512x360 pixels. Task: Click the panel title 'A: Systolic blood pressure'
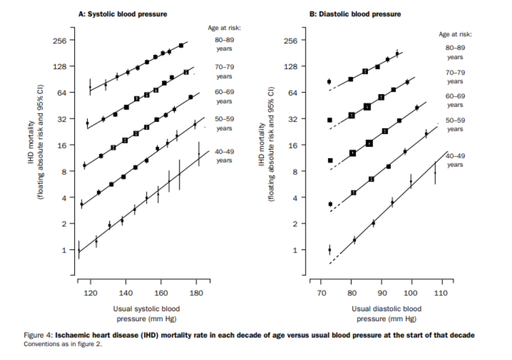point(123,14)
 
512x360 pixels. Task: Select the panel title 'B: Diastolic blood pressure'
point(355,14)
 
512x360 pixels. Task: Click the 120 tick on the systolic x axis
point(90,293)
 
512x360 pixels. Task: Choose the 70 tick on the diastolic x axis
point(321,293)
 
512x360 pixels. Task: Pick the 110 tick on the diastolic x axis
point(441,293)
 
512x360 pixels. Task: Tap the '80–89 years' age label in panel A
point(224,44)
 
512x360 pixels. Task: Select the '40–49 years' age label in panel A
point(224,156)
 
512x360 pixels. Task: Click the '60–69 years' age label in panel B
point(455,100)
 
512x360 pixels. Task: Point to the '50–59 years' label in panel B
point(455,125)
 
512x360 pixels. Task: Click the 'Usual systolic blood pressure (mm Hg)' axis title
point(146,314)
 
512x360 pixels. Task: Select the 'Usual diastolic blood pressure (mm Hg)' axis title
point(386,314)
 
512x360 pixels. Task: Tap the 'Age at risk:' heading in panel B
point(455,34)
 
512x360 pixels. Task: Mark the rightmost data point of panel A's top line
point(181,45)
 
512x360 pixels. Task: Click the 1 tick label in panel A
point(64,250)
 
